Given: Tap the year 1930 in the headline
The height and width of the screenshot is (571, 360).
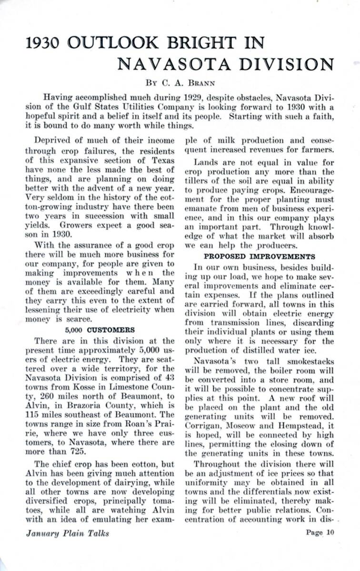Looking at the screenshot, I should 42,43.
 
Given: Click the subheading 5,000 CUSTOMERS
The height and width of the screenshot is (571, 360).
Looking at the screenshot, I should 100,329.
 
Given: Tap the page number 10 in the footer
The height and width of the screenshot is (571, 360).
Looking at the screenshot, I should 330,532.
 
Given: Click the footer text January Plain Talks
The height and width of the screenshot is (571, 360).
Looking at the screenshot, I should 67,533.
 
